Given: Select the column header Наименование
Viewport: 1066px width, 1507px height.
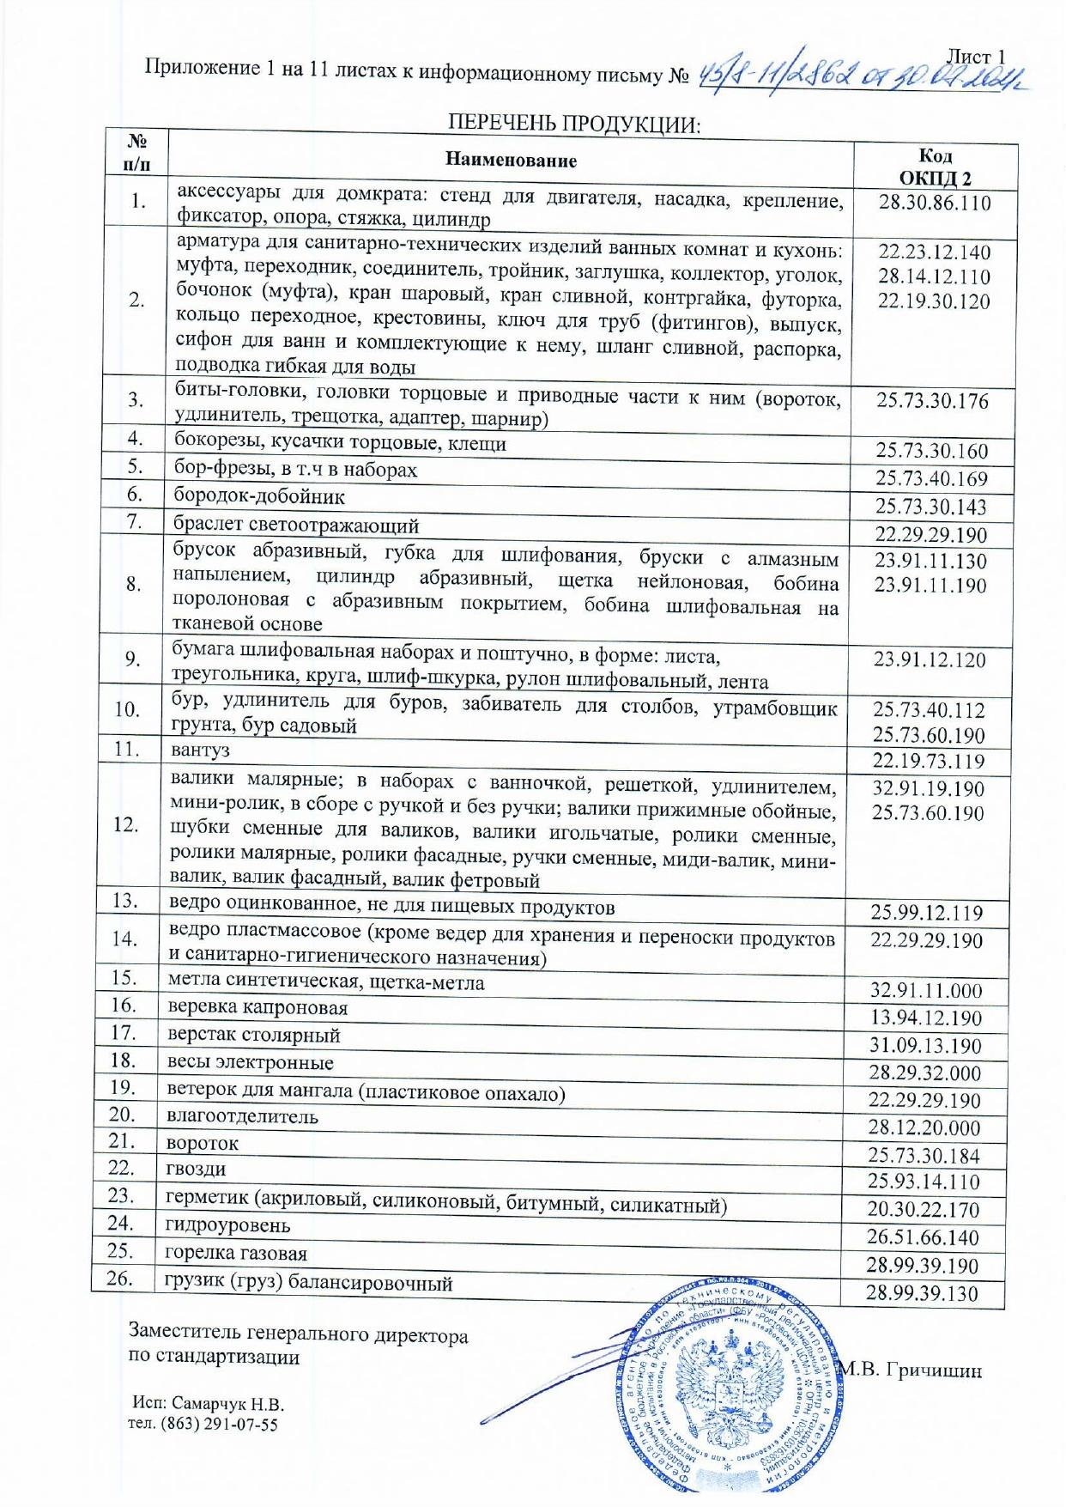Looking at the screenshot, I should pos(511,160).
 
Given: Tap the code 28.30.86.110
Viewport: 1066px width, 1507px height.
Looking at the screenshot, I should pos(935,204).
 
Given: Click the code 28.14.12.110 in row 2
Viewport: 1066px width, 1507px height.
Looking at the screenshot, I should pos(934,276).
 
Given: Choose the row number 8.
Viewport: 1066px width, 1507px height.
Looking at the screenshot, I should pos(133,584).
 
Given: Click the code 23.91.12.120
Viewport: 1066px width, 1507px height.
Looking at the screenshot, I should pos(930,659).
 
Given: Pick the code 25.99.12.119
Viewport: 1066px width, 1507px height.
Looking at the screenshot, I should pos(927,913).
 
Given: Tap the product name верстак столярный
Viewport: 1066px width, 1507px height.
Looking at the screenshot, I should pos(254,1036).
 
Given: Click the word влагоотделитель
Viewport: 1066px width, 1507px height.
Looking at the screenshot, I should pos(242,1117).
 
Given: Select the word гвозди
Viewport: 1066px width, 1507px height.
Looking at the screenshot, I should pos(197,1169).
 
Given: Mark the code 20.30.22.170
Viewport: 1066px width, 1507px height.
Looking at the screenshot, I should pos(923,1210).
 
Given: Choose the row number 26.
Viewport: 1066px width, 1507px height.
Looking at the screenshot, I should pos(121,1279).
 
